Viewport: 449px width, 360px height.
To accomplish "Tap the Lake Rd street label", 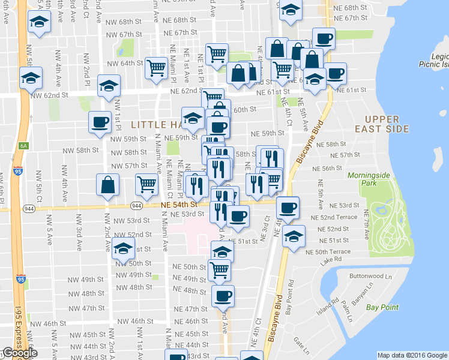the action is coord(330,259).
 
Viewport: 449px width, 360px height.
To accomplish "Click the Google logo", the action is coord(19,353).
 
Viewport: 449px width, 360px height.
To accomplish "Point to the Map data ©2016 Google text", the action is coord(412,355).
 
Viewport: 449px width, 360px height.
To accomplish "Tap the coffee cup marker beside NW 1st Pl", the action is coord(100,122).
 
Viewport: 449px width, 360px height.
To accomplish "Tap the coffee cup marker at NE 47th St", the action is coord(223,295).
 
